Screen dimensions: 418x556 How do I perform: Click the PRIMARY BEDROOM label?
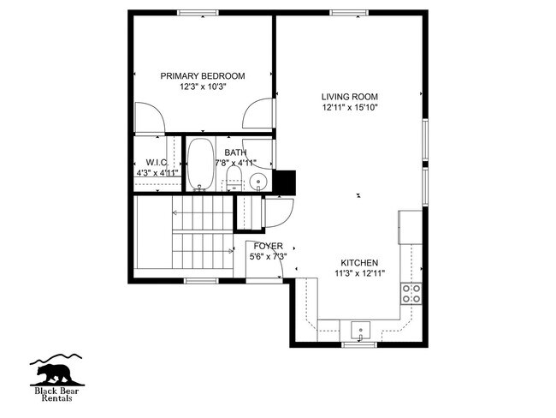tap(203, 76)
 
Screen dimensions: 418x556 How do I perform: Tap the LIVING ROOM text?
tap(350, 97)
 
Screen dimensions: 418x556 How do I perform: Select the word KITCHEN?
tap(359, 263)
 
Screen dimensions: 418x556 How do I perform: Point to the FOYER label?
tap(268, 246)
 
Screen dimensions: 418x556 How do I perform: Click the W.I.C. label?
tap(157, 162)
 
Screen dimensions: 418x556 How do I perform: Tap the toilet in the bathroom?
tap(234, 178)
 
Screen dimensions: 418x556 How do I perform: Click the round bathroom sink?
tap(259, 181)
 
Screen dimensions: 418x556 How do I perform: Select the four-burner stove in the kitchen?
tap(411, 294)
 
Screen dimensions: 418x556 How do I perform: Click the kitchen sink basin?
tap(360, 329)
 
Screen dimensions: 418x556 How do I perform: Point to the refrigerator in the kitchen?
tap(408, 226)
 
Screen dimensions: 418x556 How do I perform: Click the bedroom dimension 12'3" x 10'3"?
tap(203, 87)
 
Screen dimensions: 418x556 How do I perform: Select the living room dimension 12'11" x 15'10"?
tap(350, 108)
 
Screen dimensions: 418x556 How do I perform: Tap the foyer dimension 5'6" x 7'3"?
tap(268, 256)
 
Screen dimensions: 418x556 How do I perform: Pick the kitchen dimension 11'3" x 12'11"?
tap(359, 274)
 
